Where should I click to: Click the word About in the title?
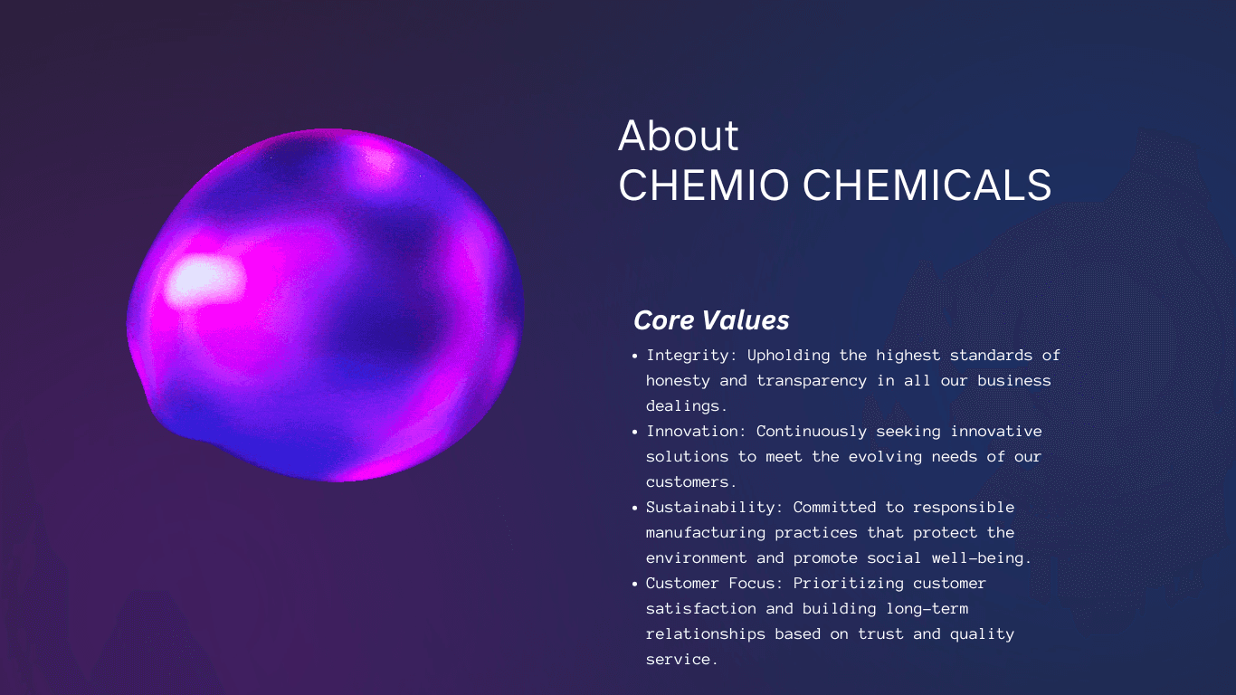click(x=678, y=135)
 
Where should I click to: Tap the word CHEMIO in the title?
click(x=704, y=185)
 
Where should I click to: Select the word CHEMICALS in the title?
click(x=927, y=185)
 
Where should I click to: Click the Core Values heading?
click(x=711, y=320)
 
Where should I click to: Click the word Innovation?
click(x=697, y=431)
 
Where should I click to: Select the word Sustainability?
click(x=715, y=508)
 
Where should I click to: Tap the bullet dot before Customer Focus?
click(x=634, y=584)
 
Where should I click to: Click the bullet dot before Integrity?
click(x=634, y=356)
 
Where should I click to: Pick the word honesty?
click(x=678, y=381)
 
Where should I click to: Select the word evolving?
click(x=885, y=457)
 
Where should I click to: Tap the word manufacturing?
click(x=706, y=533)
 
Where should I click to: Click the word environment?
click(x=697, y=558)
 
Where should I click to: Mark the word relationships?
click(x=706, y=634)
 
